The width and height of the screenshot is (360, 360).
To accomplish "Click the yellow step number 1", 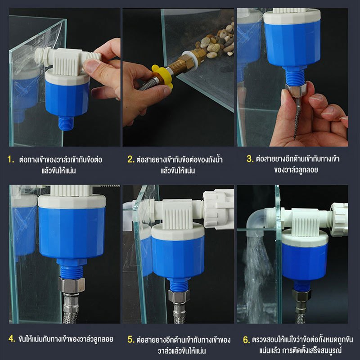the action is (10, 159).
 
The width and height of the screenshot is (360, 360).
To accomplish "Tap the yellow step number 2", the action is (131, 159).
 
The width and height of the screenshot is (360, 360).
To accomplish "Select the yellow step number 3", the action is (250, 159).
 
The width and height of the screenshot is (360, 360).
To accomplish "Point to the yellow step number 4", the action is (12, 338).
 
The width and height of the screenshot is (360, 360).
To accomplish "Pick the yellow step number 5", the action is (131, 339).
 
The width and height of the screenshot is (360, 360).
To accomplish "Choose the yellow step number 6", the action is (246, 340).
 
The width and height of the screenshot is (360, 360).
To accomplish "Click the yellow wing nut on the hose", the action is (162, 76).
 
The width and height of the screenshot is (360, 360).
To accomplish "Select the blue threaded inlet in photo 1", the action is (66, 123).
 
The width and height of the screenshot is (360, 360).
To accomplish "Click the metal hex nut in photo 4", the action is (71, 285).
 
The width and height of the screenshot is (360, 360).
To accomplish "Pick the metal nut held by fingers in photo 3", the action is (296, 90).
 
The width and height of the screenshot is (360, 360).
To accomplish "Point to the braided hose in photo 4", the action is (71, 308).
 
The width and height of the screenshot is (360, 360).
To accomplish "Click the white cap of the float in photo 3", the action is (292, 17).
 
